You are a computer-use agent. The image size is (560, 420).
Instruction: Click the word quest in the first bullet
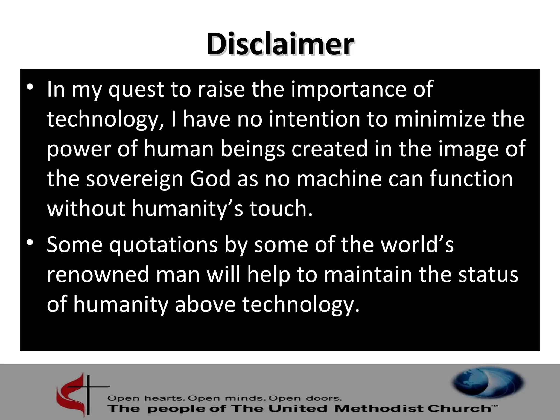point(136,90)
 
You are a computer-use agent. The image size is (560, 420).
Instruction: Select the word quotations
point(164,245)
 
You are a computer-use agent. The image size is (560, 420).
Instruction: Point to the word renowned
point(98,275)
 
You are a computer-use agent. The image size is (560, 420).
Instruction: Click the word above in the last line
point(205,304)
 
